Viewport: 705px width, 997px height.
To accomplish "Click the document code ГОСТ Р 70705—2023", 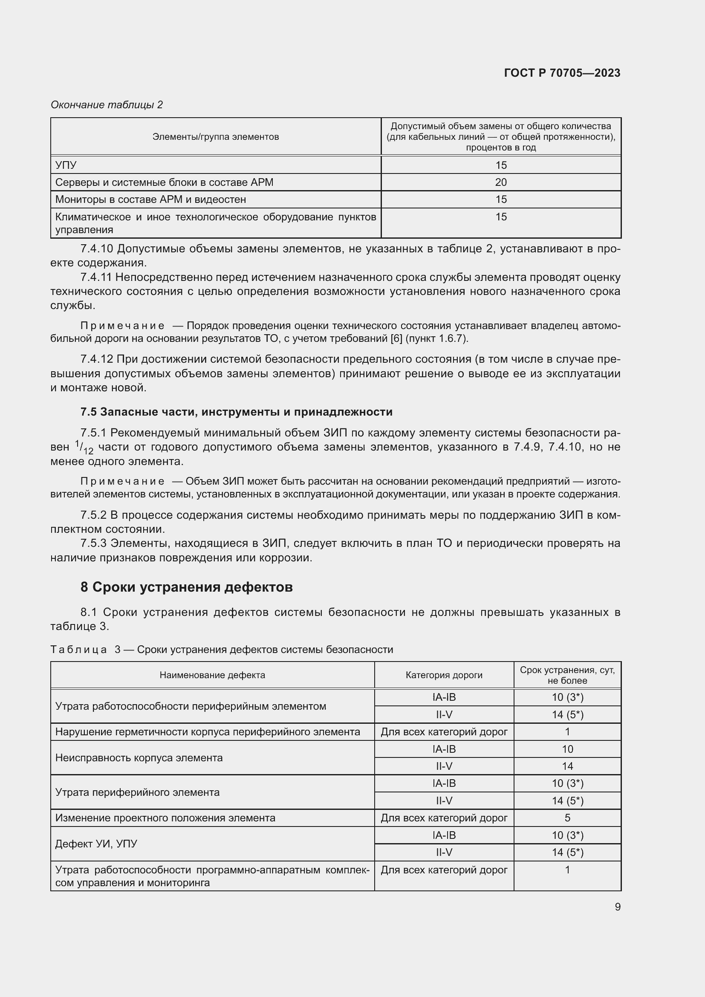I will (562, 73).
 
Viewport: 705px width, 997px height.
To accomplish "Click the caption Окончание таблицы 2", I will (107, 105).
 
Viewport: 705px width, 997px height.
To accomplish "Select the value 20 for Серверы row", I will (500, 182).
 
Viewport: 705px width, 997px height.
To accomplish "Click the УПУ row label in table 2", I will (66, 165).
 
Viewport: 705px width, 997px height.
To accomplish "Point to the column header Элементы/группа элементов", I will (215, 137).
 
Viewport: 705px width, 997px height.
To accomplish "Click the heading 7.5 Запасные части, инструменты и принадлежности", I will (236, 412).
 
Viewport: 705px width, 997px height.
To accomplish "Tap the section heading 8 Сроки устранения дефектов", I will (186, 587).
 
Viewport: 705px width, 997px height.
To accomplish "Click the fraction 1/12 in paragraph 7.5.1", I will (84, 447).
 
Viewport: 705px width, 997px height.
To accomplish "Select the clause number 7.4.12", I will (96, 359).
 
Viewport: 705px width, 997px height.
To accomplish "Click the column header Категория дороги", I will (444, 675).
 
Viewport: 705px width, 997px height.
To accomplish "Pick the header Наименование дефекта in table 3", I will (212, 675).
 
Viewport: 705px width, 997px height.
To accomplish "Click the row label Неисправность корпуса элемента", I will (139, 758).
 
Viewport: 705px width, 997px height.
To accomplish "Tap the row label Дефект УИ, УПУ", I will (96, 844).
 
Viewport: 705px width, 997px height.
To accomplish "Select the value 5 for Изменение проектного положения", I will (567, 818).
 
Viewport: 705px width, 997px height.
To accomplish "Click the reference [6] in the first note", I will (396, 339).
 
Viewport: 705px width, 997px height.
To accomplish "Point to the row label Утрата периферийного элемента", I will (137, 792).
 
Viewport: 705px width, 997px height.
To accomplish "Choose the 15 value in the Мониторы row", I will (500, 199).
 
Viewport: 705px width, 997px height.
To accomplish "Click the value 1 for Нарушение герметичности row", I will (567, 732).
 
